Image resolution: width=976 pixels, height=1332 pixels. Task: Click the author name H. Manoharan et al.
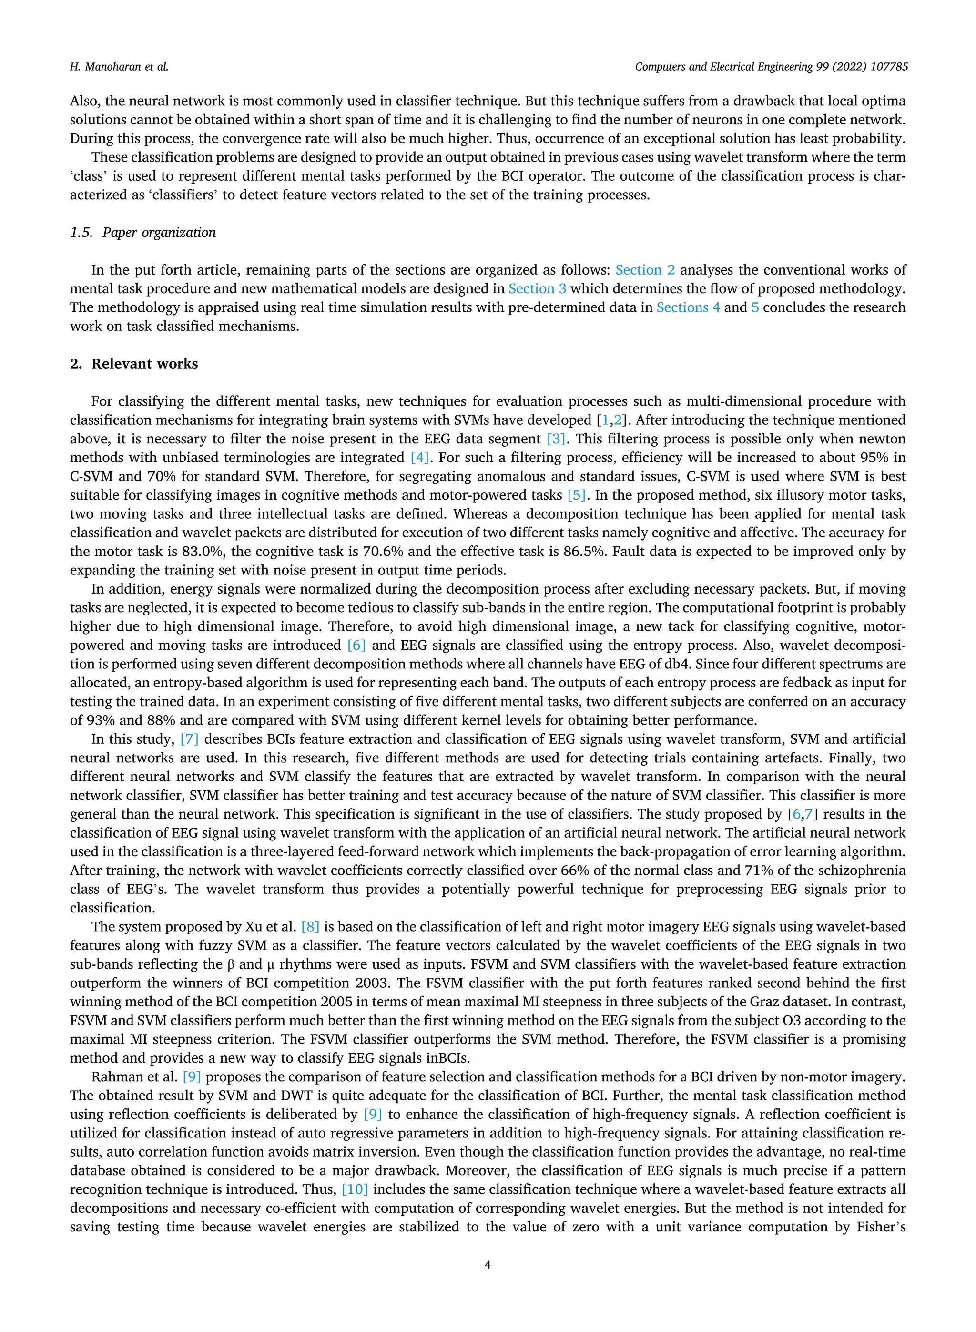(119, 67)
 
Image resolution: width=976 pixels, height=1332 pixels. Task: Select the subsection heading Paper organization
(158, 232)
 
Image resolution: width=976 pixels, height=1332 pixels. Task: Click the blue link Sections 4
(688, 307)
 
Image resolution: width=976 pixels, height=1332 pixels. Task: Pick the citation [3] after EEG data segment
(555, 439)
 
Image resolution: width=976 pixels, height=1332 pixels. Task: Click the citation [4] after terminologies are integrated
(419, 457)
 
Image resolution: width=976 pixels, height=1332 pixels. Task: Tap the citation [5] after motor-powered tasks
(576, 495)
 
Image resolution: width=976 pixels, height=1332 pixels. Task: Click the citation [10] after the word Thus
(355, 1189)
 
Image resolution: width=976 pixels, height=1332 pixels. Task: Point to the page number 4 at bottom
(488, 1265)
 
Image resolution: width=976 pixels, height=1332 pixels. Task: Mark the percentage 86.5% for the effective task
(587, 552)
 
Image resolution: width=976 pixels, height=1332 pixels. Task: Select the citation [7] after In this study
(189, 738)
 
